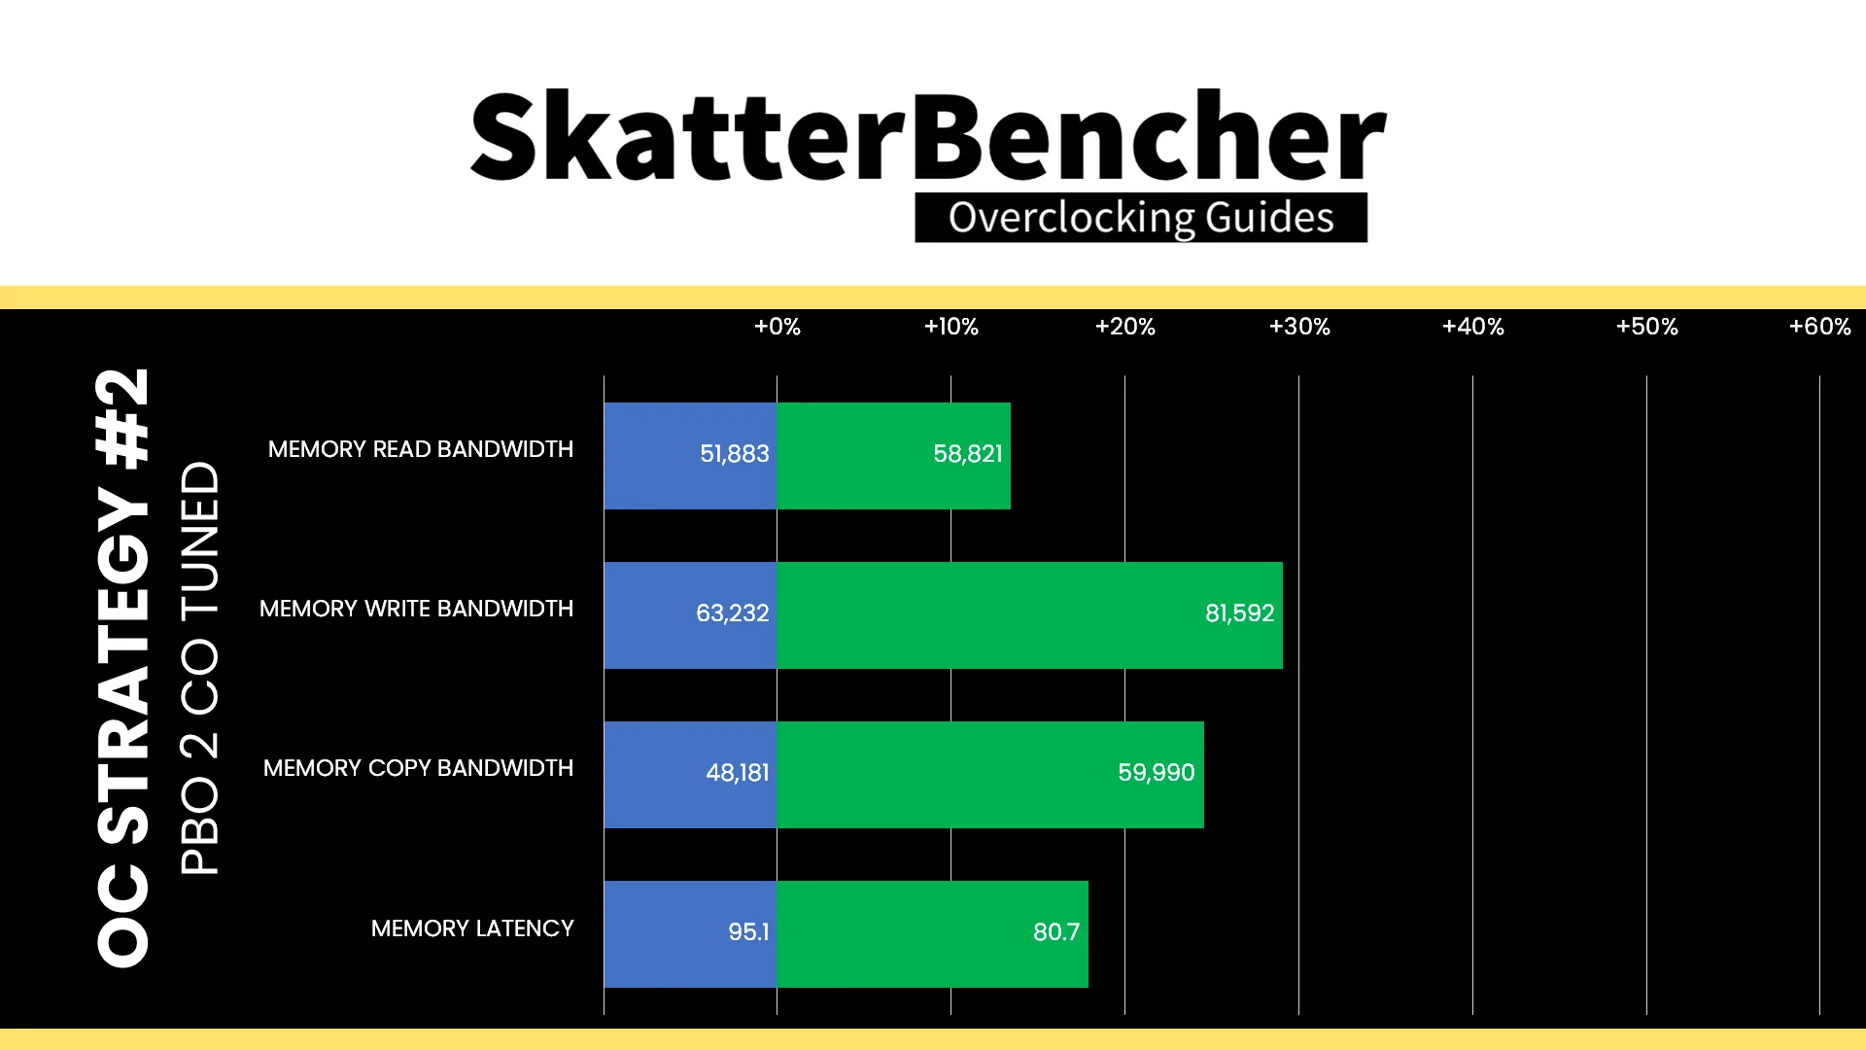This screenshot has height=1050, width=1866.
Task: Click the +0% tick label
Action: click(x=777, y=327)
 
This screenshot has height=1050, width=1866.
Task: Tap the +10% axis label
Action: click(x=950, y=327)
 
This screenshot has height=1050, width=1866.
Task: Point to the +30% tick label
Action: click(x=1299, y=327)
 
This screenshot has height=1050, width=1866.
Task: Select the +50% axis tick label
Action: click(x=1646, y=327)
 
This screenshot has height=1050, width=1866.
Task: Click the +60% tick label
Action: click(x=1819, y=327)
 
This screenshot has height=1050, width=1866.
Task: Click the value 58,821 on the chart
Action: click(x=967, y=454)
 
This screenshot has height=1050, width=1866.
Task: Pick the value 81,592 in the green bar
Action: click(x=1239, y=613)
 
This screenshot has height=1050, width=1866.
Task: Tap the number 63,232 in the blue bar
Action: click(x=732, y=613)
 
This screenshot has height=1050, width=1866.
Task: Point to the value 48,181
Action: click(x=737, y=773)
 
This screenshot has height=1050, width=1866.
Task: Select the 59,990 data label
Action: click(x=1156, y=773)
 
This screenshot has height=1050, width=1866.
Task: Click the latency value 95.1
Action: click(x=748, y=932)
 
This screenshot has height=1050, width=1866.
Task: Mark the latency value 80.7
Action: click(x=1055, y=932)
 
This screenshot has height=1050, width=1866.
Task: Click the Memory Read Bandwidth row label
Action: click(x=421, y=449)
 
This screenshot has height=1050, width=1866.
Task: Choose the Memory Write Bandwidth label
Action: click(x=416, y=609)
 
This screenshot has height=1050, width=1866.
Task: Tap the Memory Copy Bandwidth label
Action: click(x=418, y=768)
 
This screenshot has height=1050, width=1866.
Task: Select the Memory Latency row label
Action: click(x=472, y=928)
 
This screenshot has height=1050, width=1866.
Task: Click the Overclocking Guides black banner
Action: click(x=1141, y=218)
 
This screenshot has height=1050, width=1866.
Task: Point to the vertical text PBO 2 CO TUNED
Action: click(x=200, y=668)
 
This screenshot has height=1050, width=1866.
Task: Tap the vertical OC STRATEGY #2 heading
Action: click(x=123, y=668)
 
